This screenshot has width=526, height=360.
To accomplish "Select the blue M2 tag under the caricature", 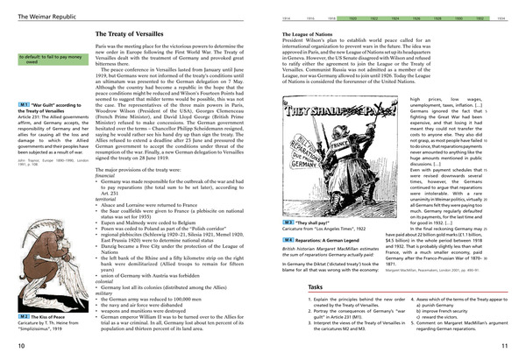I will (12, 314).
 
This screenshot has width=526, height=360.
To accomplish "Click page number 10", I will (8, 349).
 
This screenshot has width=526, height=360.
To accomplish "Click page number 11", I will (516, 349).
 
